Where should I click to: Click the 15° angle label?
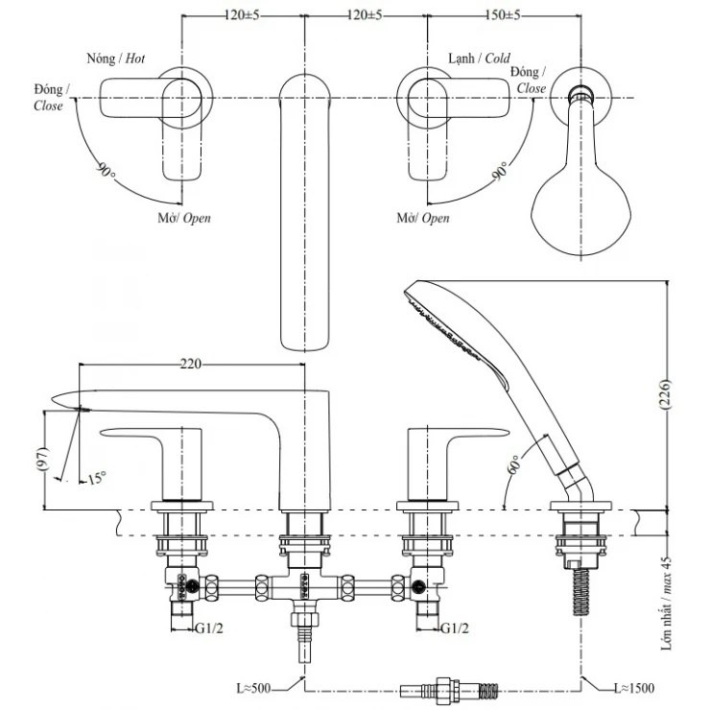[x=96, y=477]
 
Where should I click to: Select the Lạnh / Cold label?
[x=479, y=58]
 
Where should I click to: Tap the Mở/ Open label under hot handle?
[x=184, y=218]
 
